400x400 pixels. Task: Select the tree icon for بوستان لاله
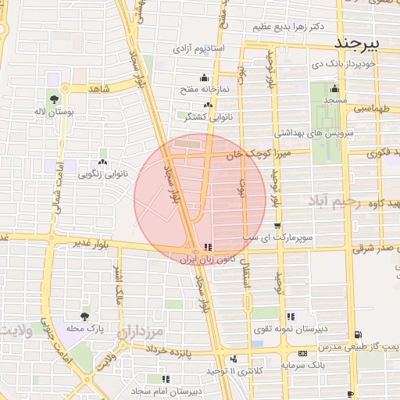coord(54,99)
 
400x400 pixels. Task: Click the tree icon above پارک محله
coord(84,316)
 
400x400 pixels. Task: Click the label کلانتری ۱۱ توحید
coord(235,370)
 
